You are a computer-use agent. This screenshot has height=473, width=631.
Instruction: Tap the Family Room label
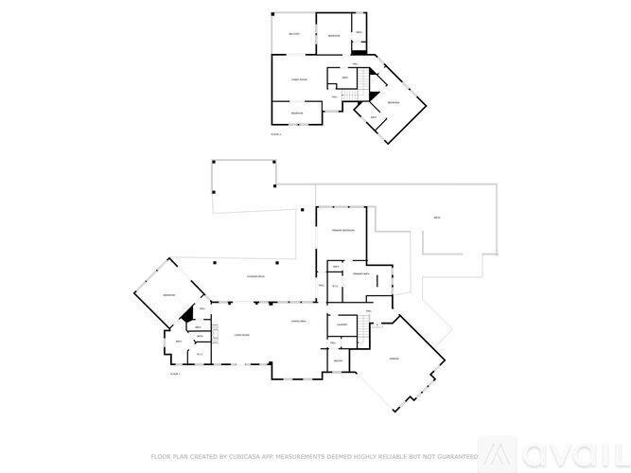pyautogui.click(x=297, y=80)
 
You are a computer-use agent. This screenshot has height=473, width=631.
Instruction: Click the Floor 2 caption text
pyautogui.click(x=276, y=134)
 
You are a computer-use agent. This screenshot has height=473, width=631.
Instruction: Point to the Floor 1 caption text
pyautogui.click(x=175, y=375)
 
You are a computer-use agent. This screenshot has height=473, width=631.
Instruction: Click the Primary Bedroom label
pyautogui.click(x=342, y=231)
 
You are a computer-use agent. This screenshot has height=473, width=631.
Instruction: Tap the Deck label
pyautogui.click(x=437, y=218)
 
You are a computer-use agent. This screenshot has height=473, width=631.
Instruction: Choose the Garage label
pyautogui.click(x=394, y=359)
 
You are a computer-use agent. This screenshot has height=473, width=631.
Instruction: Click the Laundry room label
pyautogui.click(x=342, y=325)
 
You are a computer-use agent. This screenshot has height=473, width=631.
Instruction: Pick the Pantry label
pyautogui.click(x=338, y=359)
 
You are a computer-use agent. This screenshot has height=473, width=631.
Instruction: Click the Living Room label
pyautogui.click(x=241, y=336)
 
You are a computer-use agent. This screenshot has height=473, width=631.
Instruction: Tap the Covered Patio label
pyautogui.click(x=254, y=276)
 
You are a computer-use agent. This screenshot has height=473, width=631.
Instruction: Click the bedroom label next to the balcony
pyautogui.click(x=334, y=35)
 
